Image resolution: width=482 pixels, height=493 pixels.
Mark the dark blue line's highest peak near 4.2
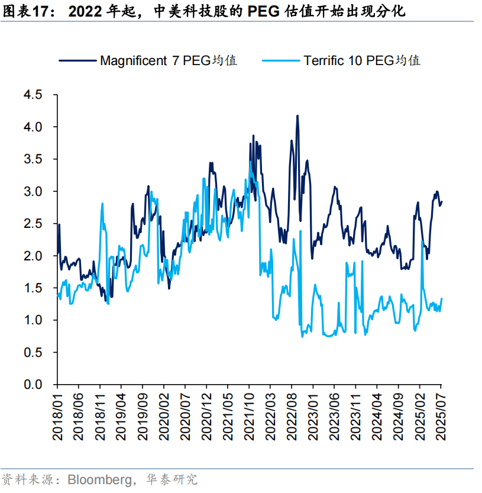tap(297, 116)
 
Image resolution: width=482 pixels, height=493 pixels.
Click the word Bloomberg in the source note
tap(100, 479)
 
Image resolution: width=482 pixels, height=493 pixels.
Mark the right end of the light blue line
tap(441, 299)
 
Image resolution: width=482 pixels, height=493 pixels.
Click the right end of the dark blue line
tap(441, 202)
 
